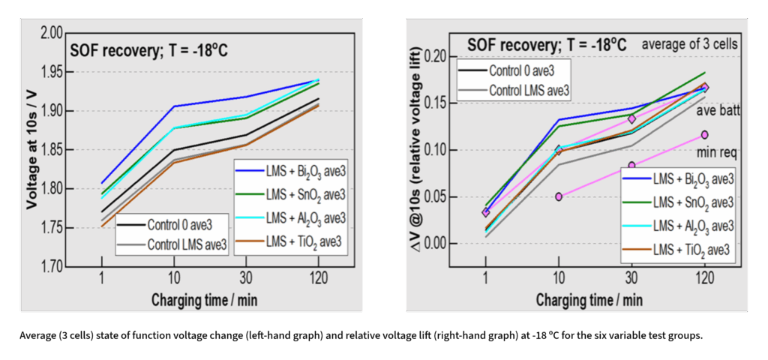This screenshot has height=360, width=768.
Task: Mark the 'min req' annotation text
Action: pyautogui.click(x=716, y=153)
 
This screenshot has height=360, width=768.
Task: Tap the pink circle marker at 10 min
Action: pyautogui.click(x=559, y=196)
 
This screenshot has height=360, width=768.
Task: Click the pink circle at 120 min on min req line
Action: pyautogui.click(x=704, y=135)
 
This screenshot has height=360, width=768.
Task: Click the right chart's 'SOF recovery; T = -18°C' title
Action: pyautogui.click(x=547, y=45)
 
